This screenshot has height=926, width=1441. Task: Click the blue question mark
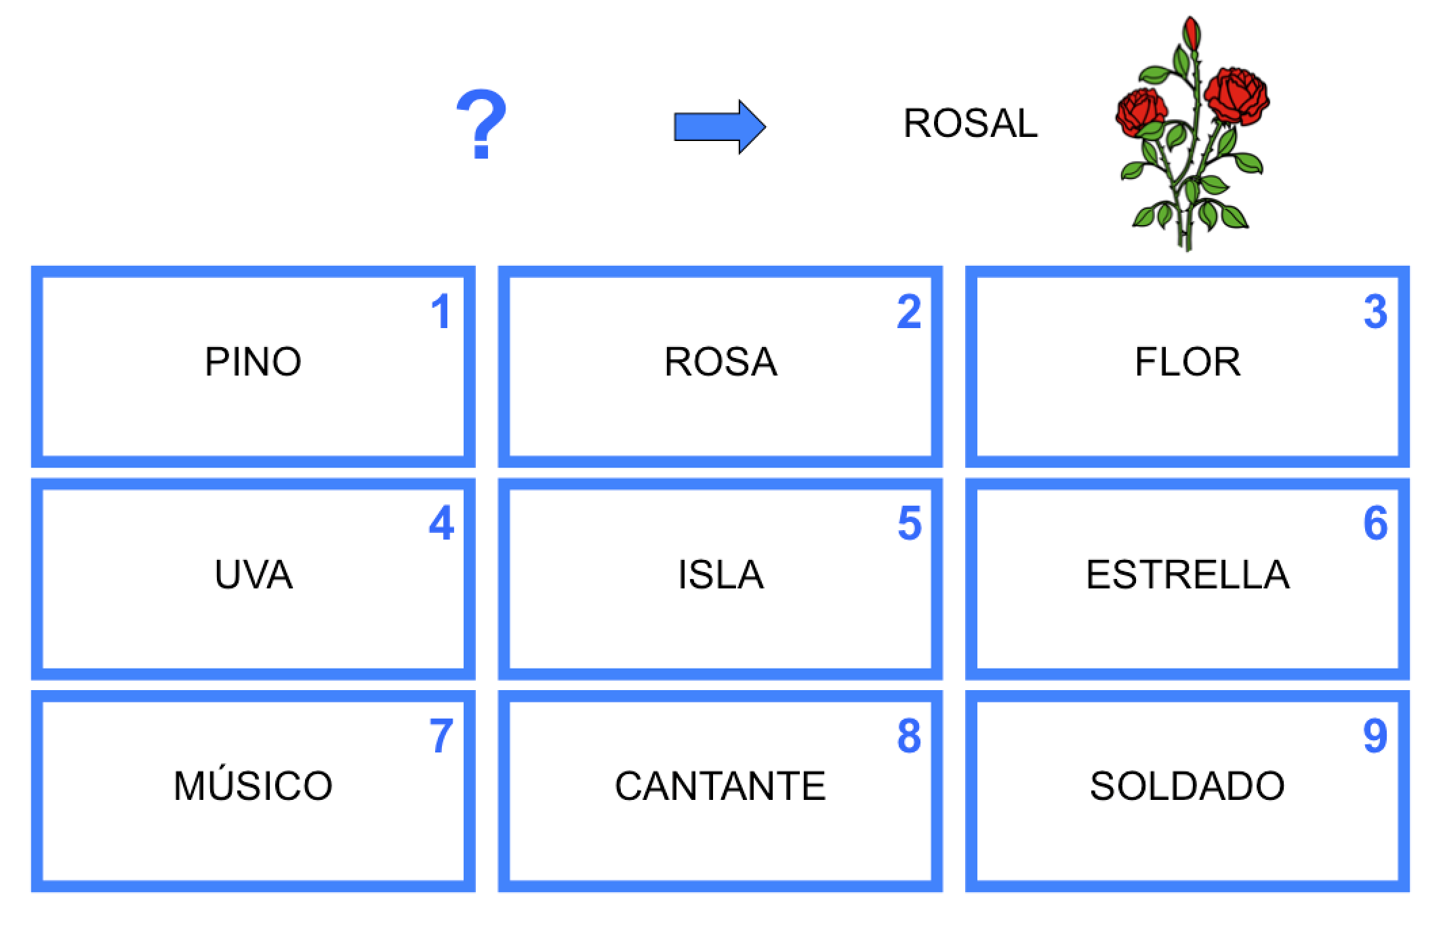click(x=481, y=126)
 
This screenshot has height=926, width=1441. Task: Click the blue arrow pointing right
click(x=720, y=127)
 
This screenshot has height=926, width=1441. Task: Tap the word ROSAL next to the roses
click(x=971, y=123)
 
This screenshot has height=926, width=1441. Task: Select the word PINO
click(x=253, y=361)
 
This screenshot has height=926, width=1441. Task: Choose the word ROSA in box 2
click(x=720, y=361)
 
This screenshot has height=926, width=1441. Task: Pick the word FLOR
click(x=1188, y=361)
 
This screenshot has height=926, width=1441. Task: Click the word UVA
click(x=253, y=574)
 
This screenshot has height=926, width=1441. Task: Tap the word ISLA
click(x=720, y=574)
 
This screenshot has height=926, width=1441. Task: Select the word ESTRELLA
click(x=1188, y=574)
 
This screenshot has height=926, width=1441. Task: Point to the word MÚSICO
click(x=253, y=784)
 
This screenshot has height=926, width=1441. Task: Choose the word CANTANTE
click(x=720, y=786)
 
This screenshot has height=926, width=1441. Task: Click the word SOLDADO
click(x=1188, y=786)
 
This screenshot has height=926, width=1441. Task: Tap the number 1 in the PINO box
click(x=441, y=312)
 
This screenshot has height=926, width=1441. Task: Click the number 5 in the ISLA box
click(x=910, y=523)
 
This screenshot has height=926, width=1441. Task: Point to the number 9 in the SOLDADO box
click(x=1375, y=736)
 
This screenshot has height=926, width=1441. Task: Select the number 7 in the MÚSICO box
click(x=441, y=736)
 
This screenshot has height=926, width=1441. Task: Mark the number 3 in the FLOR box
click(x=1375, y=312)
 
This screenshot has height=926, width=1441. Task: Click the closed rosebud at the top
click(x=1192, y=34)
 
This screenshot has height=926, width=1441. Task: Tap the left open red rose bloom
click(x=1141, y=111)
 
